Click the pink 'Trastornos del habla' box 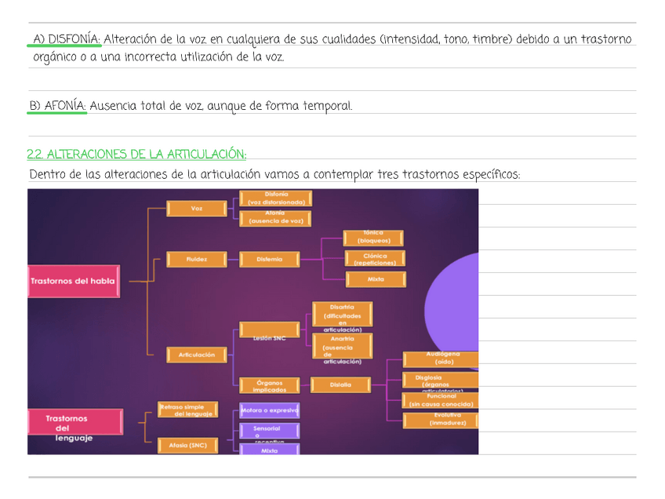point(74,281)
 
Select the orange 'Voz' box point(196,209)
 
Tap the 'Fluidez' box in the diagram point(196,259)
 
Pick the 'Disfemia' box point(268,259)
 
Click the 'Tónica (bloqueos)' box point(373,238)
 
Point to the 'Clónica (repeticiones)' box point(376,259)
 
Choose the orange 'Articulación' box point(196,355)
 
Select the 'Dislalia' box point(340,384)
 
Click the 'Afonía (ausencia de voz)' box point(275,218)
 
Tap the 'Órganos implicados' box point(267,384)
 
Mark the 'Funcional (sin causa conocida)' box point(441,400)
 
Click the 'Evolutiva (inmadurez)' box point(441,420)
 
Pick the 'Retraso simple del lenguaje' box point(182,410)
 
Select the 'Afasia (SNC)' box point(188,446)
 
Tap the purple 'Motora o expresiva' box point(270,410)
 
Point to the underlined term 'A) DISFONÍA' point(65,38)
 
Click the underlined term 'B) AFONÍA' point(57,105)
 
